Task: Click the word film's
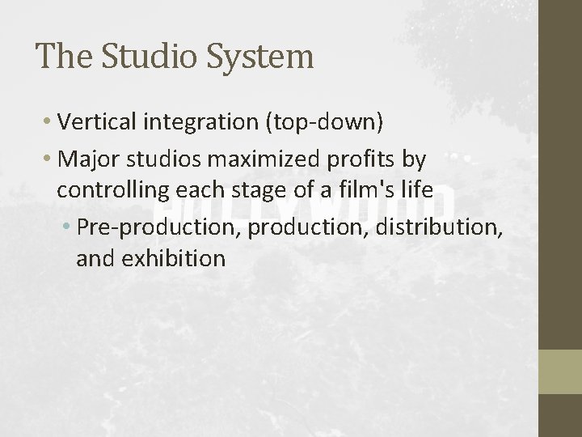[386, 191]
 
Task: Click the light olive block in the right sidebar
[559, 371]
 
